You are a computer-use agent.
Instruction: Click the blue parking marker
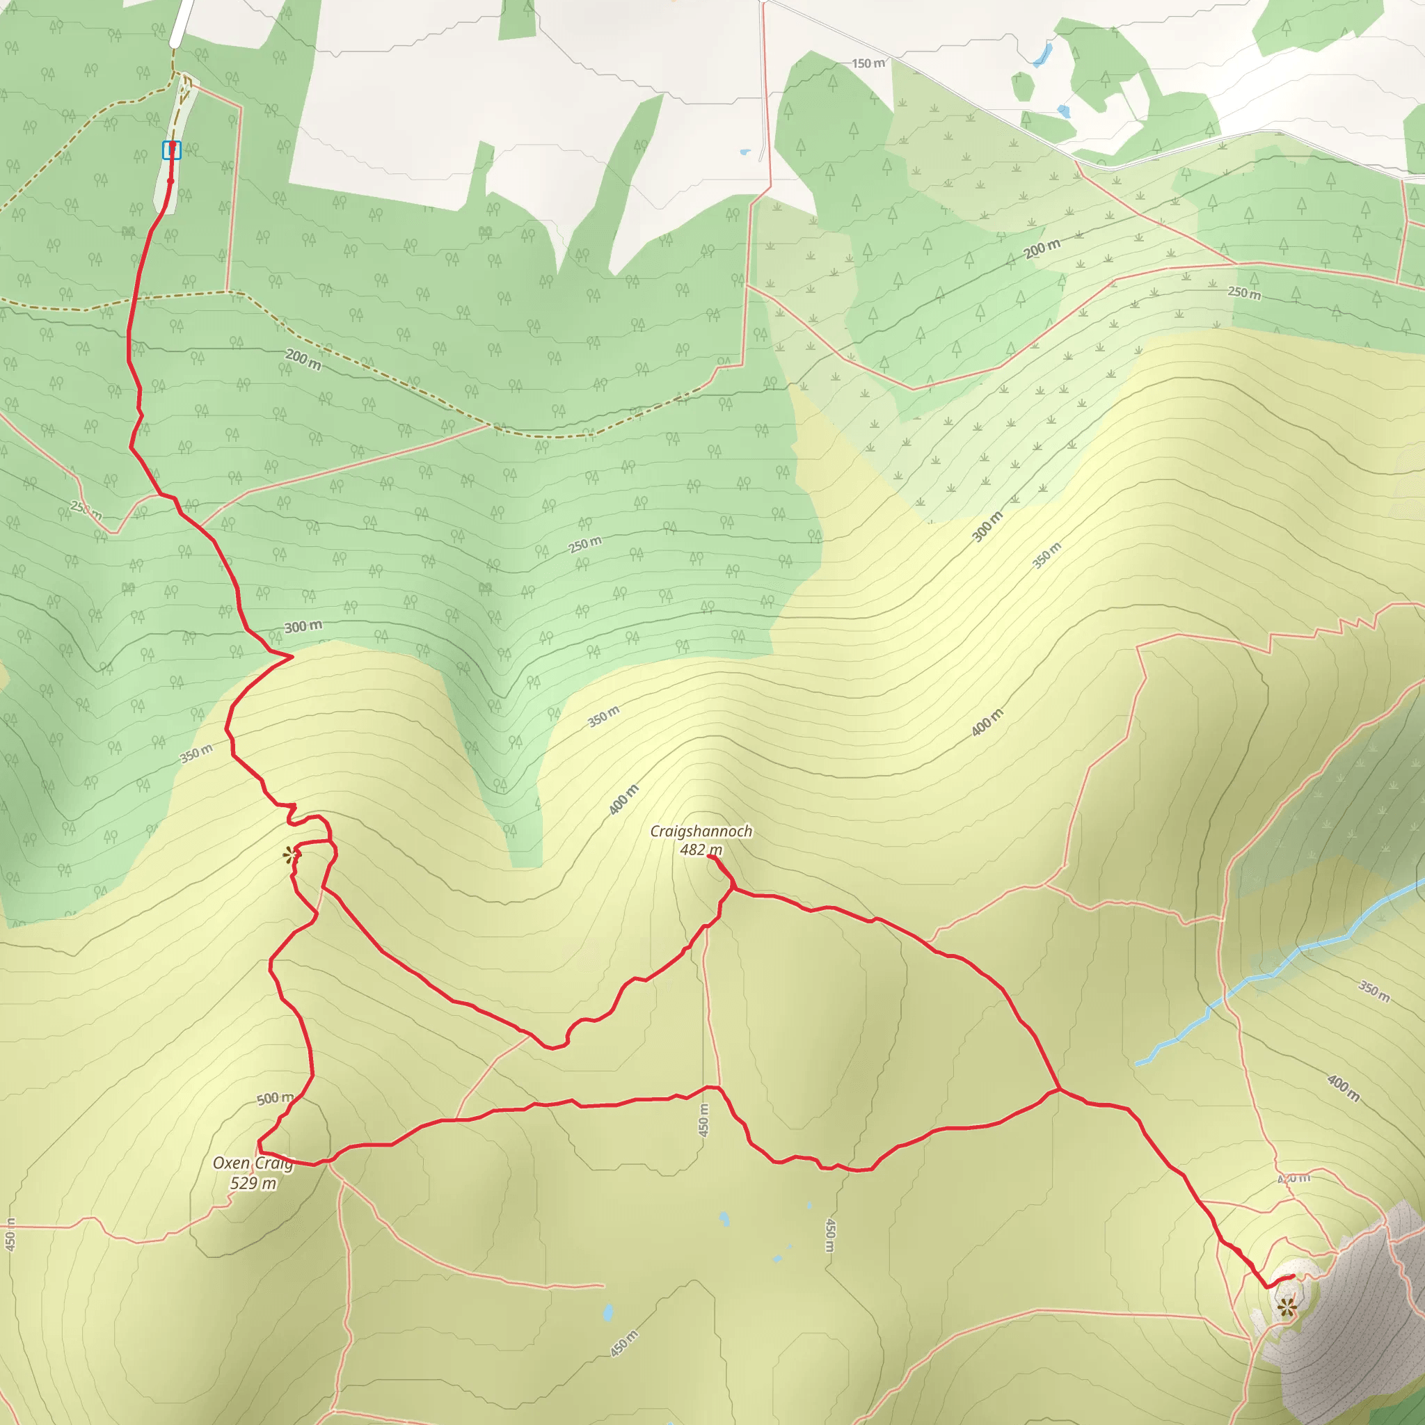click(172, 150)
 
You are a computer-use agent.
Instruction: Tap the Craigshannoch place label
click(701, 831)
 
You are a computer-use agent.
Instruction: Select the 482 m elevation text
click(701, 850)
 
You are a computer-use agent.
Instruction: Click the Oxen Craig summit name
click(253, 1163)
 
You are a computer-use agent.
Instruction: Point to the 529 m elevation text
click(253, 1183)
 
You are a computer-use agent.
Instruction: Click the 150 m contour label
click(868, 63)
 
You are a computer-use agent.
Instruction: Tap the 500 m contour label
click(275, 1099)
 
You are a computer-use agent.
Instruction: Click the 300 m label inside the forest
click(303, 627)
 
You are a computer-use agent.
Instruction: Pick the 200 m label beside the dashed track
click(303, 360)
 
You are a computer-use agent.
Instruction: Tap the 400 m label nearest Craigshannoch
click(624, 799)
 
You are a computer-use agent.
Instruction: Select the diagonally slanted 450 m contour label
click(624, 1343)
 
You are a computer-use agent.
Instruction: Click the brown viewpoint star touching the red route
click(291, 855)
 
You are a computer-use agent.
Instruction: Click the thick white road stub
click(182, 22)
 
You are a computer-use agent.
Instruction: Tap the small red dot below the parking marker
click(170, 181)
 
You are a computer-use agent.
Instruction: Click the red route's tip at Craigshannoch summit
click(710, 857)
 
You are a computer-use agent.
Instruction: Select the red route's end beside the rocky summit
click(1293, 1276)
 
